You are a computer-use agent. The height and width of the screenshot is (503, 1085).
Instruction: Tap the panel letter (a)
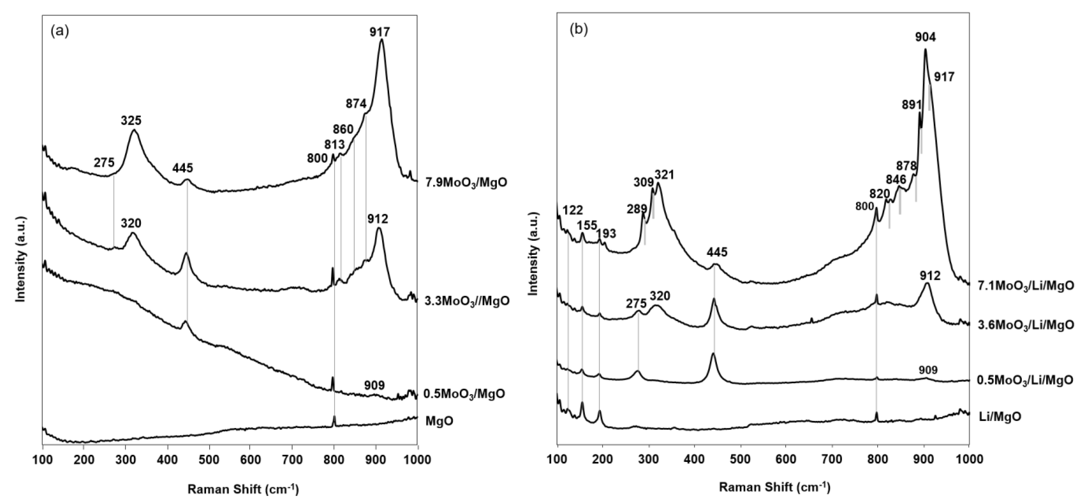(x=59, y=31)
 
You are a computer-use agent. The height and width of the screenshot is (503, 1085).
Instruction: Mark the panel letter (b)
(x=578, y=30)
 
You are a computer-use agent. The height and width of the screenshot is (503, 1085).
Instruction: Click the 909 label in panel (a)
(x=374, y=385)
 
